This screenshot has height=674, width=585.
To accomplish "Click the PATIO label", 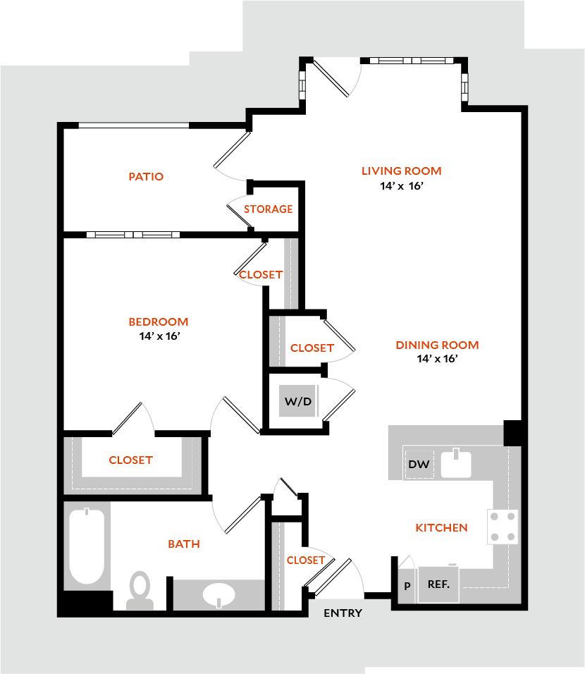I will (x=146, y=176).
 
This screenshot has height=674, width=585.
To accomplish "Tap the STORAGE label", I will (x=268, y=209).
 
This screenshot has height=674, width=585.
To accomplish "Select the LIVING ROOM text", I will (x=401, y=171).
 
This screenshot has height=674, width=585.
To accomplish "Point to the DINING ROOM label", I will (x=437, y=345).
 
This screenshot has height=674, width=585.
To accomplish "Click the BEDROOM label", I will (x=159, y=322).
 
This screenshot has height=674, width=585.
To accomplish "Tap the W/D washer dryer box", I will (x=297, y=401).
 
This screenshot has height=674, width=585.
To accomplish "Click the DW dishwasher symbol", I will (x=419, y=465).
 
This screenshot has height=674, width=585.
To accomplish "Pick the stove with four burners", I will (x=503, y=527).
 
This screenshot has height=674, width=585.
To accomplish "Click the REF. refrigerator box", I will (x=438, y=584).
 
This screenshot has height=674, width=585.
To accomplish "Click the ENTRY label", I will (x=343, y=613).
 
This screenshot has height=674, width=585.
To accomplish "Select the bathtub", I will (x=87, y=546).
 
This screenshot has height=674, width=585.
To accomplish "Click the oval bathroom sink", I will (x=220, y=596).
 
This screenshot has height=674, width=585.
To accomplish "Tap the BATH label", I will (x=184, y=544).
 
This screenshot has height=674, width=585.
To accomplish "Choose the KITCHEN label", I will (x=441, y=527).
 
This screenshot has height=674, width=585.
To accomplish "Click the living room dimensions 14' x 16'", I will (x=401, y=187).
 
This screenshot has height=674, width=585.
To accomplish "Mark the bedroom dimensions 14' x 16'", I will (x=161, y=336).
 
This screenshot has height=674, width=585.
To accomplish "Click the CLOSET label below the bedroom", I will (x=130, y=460).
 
